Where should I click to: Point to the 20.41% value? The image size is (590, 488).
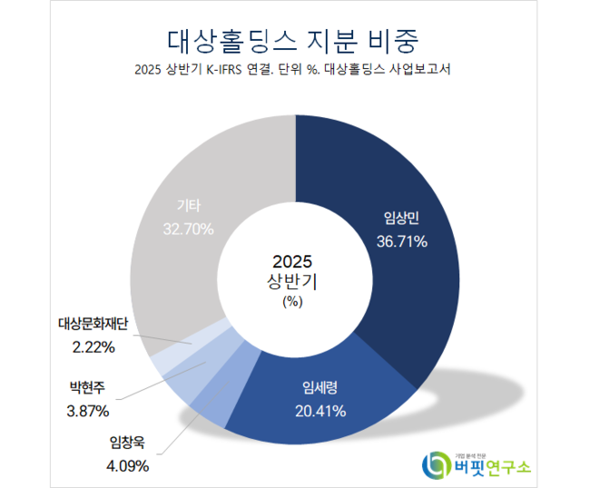320,412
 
